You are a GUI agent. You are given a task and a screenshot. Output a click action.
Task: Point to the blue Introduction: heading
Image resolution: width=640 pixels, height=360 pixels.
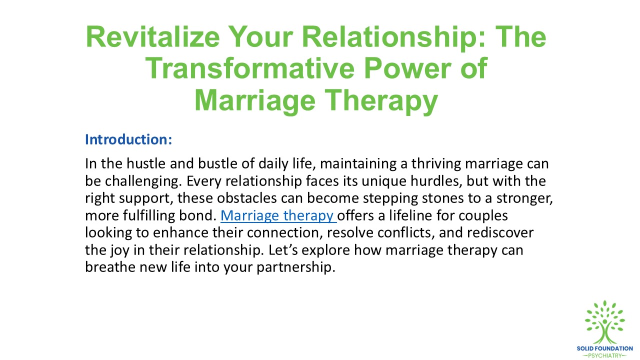[128, 139]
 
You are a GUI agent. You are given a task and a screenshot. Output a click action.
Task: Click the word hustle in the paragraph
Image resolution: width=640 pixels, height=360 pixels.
[135, 163]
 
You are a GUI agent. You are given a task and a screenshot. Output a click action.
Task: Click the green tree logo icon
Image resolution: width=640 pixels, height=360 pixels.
[605, 322]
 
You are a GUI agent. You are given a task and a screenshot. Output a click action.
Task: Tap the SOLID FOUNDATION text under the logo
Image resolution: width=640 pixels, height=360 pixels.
[605, 348]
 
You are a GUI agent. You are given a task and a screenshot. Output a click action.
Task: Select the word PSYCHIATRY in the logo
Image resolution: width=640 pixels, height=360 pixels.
[605, 355]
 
